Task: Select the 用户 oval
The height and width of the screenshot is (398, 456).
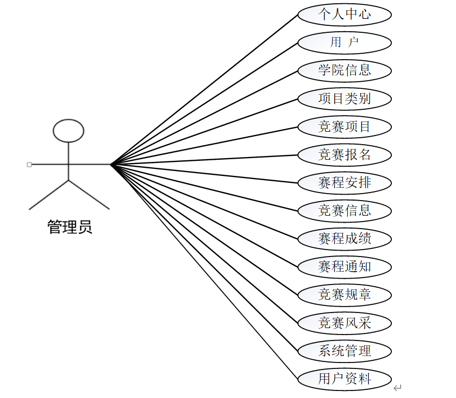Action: pos(345,42)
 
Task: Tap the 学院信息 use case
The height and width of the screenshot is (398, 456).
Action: pos(345,70)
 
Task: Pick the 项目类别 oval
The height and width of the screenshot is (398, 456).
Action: pos(345,98)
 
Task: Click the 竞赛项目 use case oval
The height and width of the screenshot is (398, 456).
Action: pos(345,127)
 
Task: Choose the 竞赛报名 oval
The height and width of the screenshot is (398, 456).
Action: pos(345,155)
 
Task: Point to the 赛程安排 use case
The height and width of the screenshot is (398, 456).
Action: pos(345,183)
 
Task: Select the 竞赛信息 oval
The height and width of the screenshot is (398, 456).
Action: pos(345,211)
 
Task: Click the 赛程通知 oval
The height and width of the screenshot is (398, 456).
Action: pos(345,267)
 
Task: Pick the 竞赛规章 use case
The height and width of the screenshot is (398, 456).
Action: pos(345,295)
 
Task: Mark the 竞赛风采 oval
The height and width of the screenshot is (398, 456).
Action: pos(345,323)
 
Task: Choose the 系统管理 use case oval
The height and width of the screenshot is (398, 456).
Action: pos(345,351)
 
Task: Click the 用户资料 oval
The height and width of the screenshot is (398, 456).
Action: pos(345,379)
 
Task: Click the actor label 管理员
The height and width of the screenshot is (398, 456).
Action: pos(70,227)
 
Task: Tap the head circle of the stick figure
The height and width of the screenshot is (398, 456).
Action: pos(69,130)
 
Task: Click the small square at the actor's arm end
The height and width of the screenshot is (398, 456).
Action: pos(30,164)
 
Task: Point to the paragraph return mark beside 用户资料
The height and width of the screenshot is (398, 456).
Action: pos(397,388)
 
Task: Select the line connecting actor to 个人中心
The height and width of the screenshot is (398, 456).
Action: pos(205,89)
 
